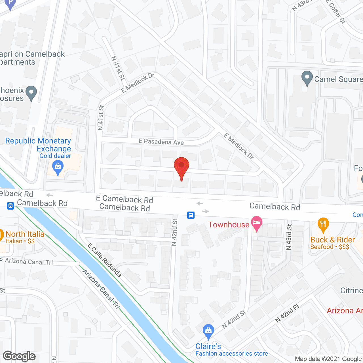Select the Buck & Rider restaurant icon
point(323,224)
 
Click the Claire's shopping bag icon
point(208,331)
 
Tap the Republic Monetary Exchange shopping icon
point(58,167)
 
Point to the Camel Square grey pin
point(307,78)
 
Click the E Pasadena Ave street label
point(161,142)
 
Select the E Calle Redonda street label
point(104,260)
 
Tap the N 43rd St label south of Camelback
point(289,237)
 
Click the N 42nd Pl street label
point(287,313)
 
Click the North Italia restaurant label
point(25,234)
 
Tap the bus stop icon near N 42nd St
point(191,215)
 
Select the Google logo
point(19,356)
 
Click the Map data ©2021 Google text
point(328,359)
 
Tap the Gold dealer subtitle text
point(55,156)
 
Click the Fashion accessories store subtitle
point(231,353)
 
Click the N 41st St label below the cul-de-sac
point(118,68)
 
